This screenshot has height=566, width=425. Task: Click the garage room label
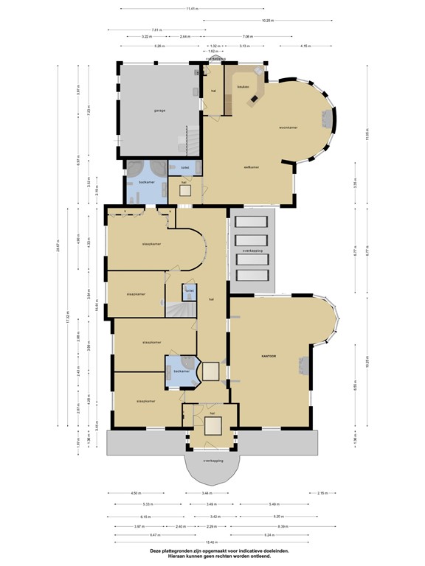(x=159, y=111)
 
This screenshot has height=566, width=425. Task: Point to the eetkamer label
(x=252, y=167)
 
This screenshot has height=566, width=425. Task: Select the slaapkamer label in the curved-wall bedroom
(x=151, y=243)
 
